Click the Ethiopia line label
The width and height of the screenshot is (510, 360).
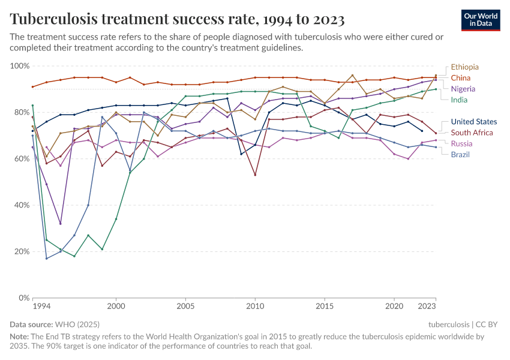click(x=464, y=67)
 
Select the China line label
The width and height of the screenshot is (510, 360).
click(x=460, y=78)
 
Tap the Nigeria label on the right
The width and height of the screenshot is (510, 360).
click(x=463, y=89)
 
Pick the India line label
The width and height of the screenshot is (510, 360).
click(x=459, y=100)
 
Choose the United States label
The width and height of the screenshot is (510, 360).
click(x=473, y=122)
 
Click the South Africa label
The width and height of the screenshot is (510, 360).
click(x=472, y=133)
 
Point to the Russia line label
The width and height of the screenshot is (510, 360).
click(x=461, y=143)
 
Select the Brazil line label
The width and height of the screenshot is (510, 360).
click(x=460, y=154)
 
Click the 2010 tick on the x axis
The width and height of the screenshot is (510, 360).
click(x=255, y=306)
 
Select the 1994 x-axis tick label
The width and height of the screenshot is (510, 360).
click(x=41, y=306)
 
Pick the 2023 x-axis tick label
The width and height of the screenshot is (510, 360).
click(x=427, y=306)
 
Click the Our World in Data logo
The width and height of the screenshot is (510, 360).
click(x=481, y=20)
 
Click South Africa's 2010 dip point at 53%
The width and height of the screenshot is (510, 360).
click(x=255, y=175)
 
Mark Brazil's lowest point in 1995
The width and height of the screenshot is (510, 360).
click(x=46, y=258)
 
